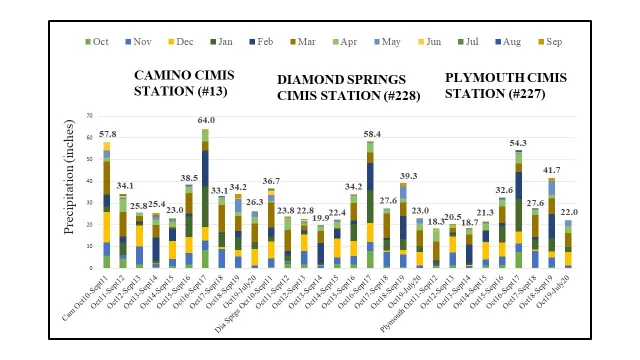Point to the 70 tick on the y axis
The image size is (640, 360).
pos(90,116)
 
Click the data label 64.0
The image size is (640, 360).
pos(204,121)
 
